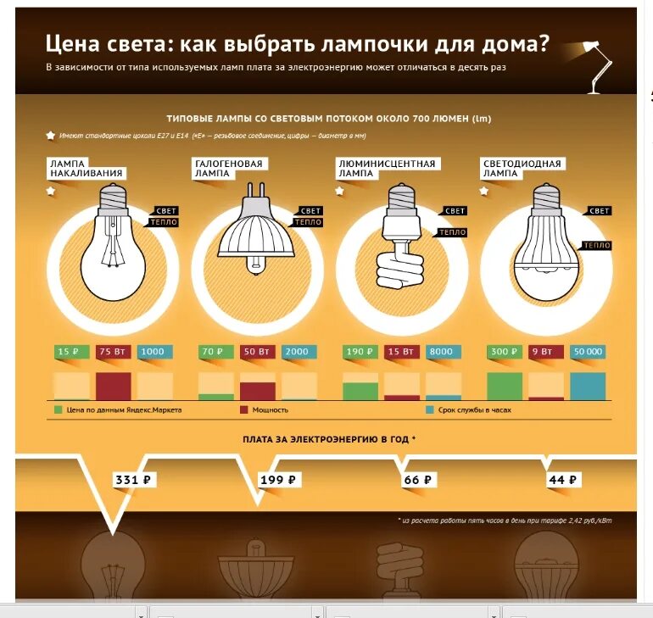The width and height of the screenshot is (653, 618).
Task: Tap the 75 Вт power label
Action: tap(113, 352)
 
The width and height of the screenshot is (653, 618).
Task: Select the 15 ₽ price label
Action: tap(70, 352)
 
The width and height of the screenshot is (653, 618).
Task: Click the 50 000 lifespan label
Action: tap(588, 352)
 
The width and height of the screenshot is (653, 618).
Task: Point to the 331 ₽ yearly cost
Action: tap(134, 481)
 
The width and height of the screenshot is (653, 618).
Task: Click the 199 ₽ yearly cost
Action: tap(278, 481)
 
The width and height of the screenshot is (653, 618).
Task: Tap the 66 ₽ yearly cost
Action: tap(419, 481)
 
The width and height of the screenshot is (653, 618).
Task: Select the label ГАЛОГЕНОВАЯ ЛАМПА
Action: tap(229, 168)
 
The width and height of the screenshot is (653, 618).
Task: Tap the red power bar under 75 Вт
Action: tap(113, 386)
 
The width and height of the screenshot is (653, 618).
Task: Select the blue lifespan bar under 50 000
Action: tap(588, 386)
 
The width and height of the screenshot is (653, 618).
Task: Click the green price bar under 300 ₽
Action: tap(505, 386)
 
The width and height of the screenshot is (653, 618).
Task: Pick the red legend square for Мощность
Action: tap(244, 410)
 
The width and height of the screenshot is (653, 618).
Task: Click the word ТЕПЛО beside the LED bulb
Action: tap(596, 246)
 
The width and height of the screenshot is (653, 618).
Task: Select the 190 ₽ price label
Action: tap(360, 352)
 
